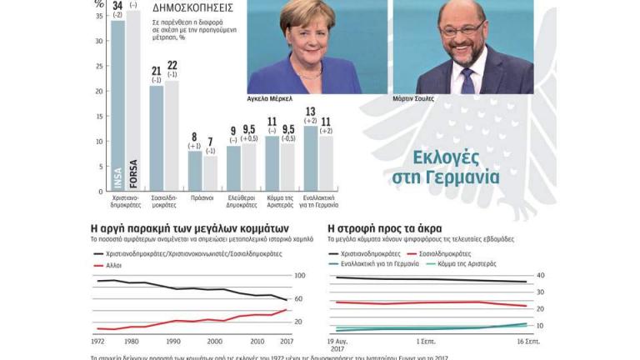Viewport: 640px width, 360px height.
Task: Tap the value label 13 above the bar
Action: tap(311, 112)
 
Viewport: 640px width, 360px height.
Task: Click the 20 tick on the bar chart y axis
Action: tap(99, 90)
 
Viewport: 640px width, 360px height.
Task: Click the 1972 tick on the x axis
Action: tap(97, 341)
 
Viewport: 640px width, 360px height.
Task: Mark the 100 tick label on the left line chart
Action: tap(301, 276)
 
